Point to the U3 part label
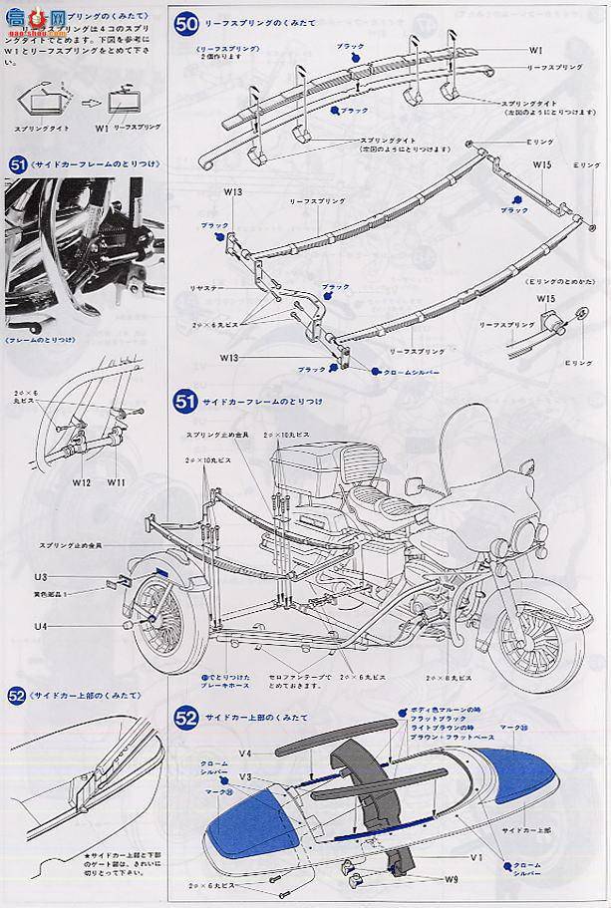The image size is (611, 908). [x=40, y=577]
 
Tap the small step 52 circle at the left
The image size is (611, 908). [x=16, y=697]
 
